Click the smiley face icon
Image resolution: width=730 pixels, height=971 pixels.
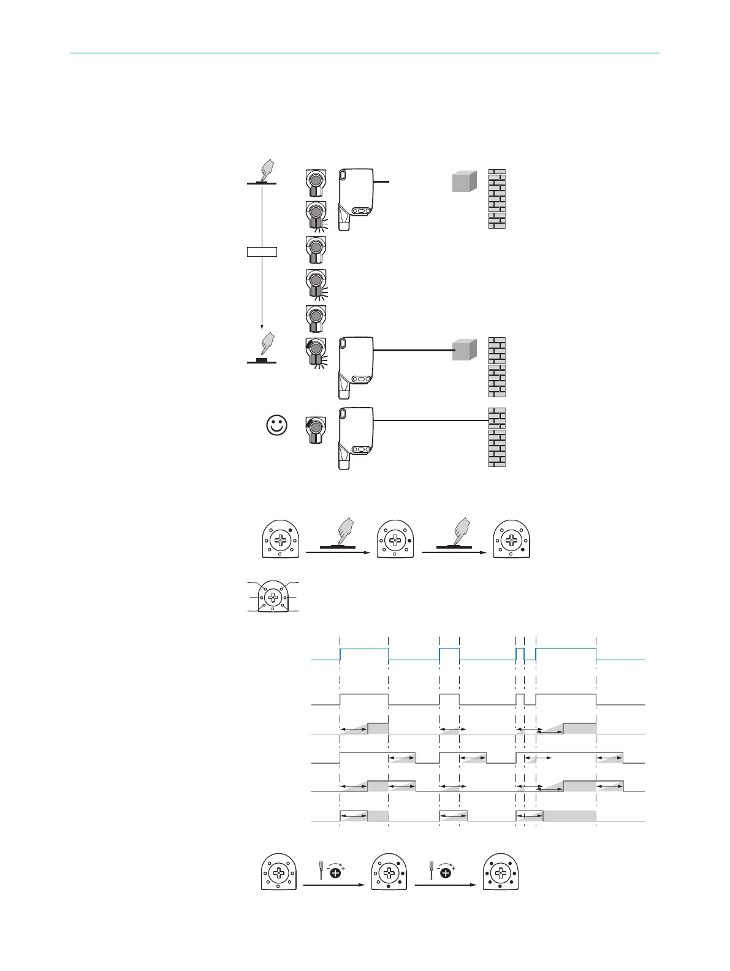click(277, 425)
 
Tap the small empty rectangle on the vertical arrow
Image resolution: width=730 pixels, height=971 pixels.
click(262, 251)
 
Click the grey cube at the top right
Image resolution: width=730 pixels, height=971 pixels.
click(464, 181)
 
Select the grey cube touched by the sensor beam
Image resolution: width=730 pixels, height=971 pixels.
click(464, 349)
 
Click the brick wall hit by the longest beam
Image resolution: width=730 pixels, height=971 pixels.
click(497, 437)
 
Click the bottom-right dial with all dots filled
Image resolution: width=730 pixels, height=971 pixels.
click(501, 872)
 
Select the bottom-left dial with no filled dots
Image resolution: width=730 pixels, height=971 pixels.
click(279, 872)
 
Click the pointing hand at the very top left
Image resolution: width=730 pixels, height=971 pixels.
click(266, 169)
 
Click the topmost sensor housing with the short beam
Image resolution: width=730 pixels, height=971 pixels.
click(355, 199)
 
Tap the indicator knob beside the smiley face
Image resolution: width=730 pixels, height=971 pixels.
click(315, 428)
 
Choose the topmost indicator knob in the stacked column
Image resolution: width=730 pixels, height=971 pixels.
click(315, 183)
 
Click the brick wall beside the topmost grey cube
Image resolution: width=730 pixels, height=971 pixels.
click(497, 199)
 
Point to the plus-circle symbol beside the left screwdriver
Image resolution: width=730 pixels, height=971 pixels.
click(336, 872)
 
